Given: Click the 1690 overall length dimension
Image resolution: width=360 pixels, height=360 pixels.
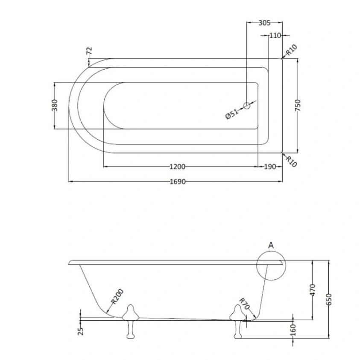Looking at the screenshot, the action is (x=178, y=181).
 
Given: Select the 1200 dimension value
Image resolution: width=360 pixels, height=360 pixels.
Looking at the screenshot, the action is (x=177, y=167).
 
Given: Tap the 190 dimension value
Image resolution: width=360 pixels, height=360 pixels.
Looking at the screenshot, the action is (x=270, y=167).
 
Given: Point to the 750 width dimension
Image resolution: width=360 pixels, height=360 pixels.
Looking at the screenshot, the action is (x=298, y=105).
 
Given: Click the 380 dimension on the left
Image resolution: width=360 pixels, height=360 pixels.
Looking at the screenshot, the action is (x=54, y=105).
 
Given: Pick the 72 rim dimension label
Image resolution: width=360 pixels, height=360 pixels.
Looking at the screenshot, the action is (x=89, y=51).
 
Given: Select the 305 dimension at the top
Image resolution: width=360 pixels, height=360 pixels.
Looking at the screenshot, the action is (x=264, y=23).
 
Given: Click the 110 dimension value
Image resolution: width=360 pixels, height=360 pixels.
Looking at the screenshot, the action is (x=275, y=35).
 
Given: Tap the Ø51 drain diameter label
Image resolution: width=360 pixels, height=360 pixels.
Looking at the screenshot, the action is (x=231, y=114).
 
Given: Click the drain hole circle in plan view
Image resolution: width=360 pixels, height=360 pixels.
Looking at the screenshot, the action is (x=247, y=106).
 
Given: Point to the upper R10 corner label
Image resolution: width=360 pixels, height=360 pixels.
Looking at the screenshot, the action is (x=292, y=50).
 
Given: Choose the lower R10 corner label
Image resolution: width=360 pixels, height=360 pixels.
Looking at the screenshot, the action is (x=291, y=161).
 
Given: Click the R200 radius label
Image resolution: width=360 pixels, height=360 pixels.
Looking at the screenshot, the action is (x=117, y=296).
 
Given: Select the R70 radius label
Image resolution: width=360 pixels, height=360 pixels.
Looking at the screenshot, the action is (x=244, y=304).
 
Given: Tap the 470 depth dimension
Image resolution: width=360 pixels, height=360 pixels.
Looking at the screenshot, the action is (x=313, y=290).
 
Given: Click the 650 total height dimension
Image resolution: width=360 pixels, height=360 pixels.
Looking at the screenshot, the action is (x=329, y=299).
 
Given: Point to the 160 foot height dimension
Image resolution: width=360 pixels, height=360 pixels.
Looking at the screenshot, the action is (x=293, y=330).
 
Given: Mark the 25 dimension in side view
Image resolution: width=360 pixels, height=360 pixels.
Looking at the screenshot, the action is (x=81, y=331).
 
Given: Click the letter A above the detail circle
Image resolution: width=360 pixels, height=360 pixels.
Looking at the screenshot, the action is (x=271, y=245).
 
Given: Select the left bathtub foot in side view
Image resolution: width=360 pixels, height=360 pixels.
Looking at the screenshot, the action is (x=130, y=322).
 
